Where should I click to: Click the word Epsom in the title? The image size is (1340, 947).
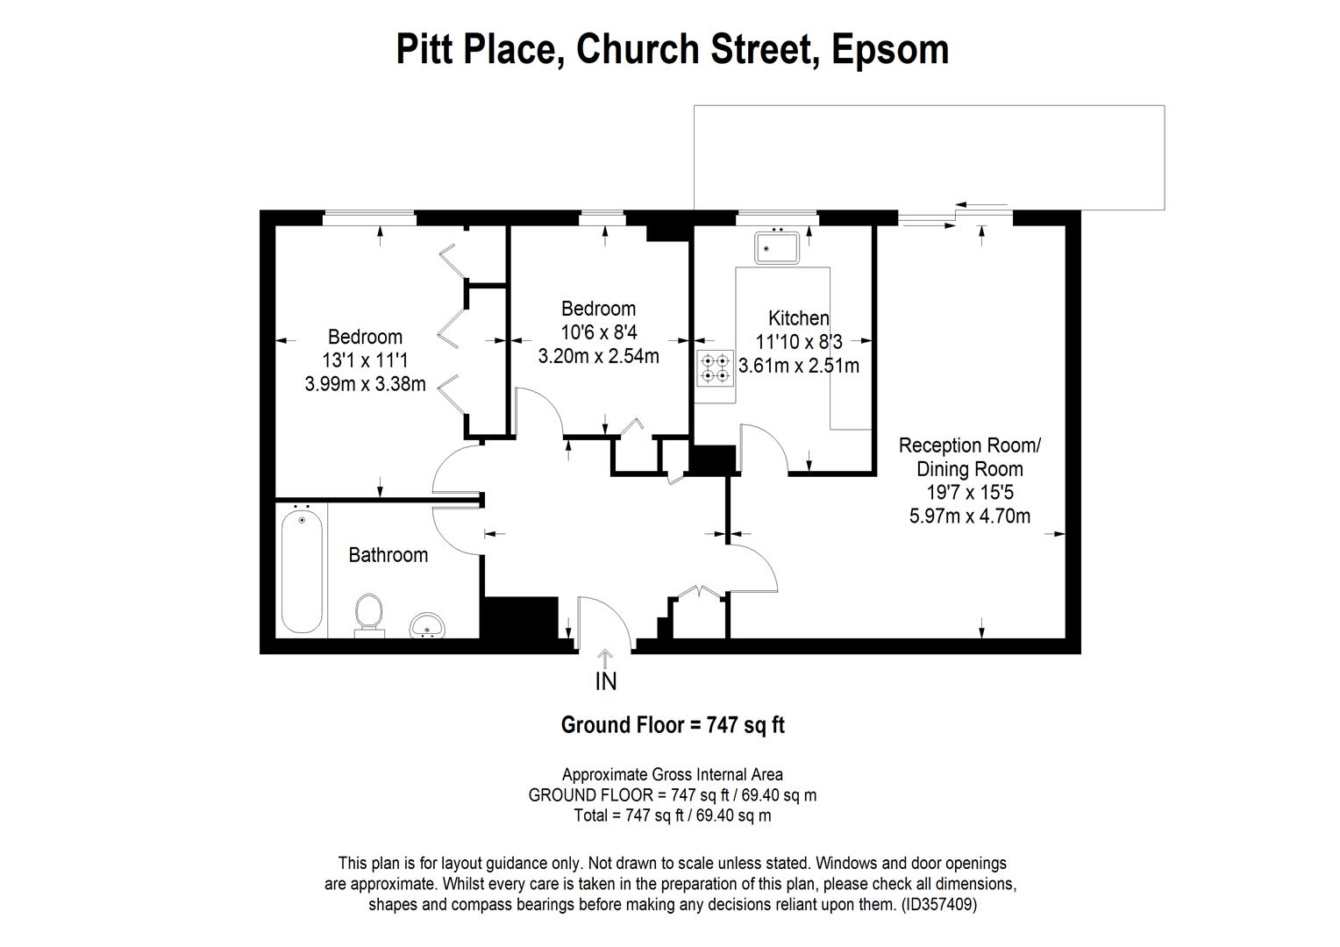coord(889,50)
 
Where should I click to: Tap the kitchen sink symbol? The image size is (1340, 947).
coord(775,246)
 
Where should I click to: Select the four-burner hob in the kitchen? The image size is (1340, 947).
coord(715,368)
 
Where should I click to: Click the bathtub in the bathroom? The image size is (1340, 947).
coord(301,571)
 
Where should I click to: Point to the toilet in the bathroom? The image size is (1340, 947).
coord(369,613)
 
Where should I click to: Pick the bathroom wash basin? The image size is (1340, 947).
coord(427,625)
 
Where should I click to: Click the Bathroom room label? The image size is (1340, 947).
coord(388,555)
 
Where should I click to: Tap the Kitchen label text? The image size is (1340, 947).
coord(798,318)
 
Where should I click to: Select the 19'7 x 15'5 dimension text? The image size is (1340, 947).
coord(969,493)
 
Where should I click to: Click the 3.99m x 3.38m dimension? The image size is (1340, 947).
coord(365,383)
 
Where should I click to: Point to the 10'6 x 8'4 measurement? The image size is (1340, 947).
coord(598,332)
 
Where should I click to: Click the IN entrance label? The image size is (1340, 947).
coord(606,681)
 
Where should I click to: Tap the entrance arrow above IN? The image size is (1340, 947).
coord(606,659)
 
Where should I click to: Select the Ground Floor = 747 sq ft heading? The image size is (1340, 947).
coord(673,725)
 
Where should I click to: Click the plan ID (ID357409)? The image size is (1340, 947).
coord(938,904)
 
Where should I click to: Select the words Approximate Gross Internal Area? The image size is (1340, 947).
coord(672,774)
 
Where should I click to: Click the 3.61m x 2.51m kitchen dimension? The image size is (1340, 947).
coord(799,366)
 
